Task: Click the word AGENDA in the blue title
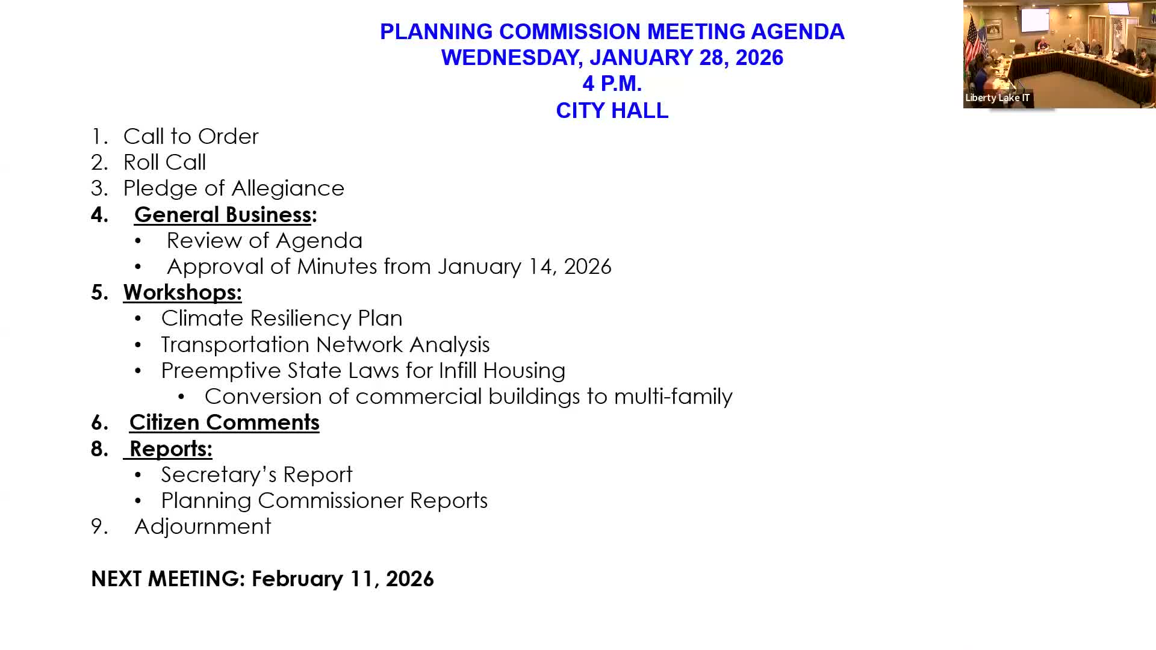click(797, 32)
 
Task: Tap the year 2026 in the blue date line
click(759, 58)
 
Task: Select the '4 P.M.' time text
click(612, 84)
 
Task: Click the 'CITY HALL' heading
click(612, 111)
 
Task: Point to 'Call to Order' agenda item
click(190, 137)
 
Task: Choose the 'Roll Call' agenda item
click(164, 162)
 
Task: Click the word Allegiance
click(288, 188)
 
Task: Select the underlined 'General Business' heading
click(222, 214)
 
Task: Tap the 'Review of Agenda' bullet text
click(264, 241)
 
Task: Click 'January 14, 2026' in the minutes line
click(524, 267)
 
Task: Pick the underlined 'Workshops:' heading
click(182, 292)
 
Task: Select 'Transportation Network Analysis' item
click(325, 345)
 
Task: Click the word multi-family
click(673, 397)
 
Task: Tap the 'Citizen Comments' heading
click(224, 422)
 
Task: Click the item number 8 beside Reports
click(99, 449)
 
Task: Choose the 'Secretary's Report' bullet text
click(256, 475)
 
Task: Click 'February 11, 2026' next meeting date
click(342, 579)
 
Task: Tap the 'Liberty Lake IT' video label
click(997, 97)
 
